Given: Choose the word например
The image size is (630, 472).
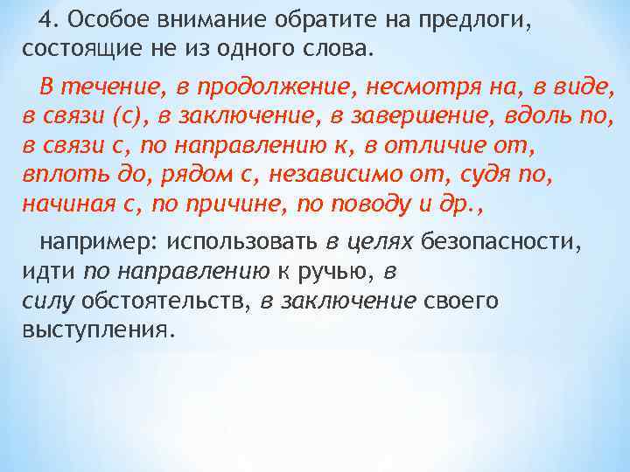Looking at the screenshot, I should tap(94, 241).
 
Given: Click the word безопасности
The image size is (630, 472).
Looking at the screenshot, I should tap(500, 241).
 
